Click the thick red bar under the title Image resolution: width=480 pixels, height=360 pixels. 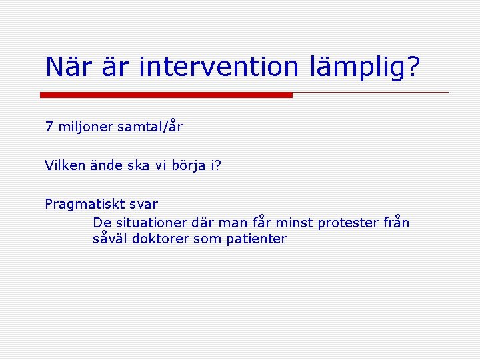click(166, 95)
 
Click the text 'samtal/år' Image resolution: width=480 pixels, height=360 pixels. click(150, 127)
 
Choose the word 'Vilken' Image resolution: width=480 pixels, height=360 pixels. click(65, 166)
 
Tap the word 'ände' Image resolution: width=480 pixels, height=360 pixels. click(104, 166)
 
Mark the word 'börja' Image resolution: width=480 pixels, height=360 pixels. click(188, 166)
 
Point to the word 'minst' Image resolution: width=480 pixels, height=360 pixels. click(294, 223)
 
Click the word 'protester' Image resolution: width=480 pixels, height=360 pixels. click(349, 223)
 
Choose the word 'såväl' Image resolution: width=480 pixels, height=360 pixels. click(111, 239)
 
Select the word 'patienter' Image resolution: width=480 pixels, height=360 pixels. click(257, 239)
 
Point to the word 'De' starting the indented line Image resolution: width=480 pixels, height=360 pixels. click(101, 223)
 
